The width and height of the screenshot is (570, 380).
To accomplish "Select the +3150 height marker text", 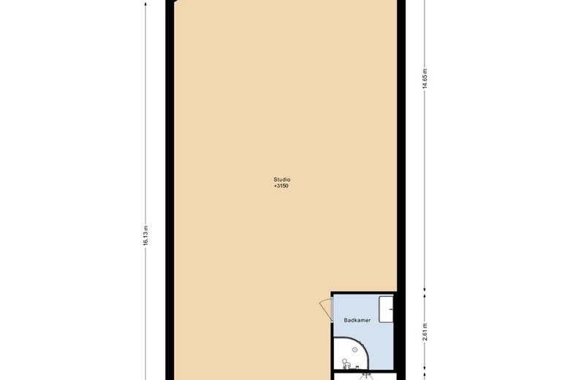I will [281, 186].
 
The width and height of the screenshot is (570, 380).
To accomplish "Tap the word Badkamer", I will [356, 321].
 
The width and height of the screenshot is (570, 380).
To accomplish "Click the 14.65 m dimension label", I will [424, 79].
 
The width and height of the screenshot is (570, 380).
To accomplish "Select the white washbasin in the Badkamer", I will [387, 308].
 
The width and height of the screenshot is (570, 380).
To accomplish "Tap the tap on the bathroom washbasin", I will [392, 308].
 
